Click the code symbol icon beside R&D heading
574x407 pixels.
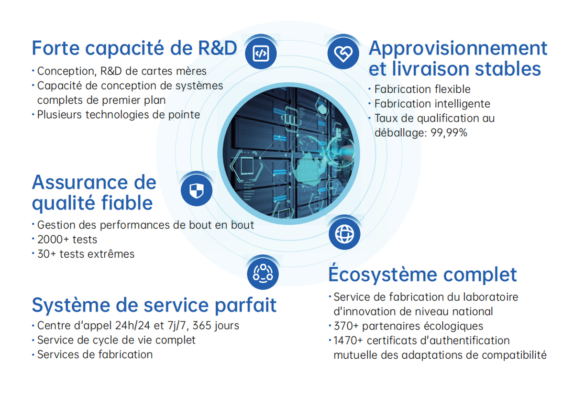coord(261,53)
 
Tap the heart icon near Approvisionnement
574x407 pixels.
coord(343,53)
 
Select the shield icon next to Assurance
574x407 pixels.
coord(197,190)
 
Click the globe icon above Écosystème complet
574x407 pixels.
coord(344,234)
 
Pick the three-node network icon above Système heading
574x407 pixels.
coord(263,274)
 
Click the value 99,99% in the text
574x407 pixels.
coord(449,132)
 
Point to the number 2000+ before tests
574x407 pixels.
coord(53,240)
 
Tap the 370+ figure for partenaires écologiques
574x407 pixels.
coord(346,326)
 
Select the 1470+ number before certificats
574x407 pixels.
coord(348,341)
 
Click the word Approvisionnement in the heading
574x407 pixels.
coord(458,48)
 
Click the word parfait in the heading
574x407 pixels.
coord(245,305)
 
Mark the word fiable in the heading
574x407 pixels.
coord(127,203)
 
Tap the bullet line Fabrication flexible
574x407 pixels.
coord(422,89)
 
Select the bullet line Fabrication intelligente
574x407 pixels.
coord(432,104)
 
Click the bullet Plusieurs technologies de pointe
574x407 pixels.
coord(119,115)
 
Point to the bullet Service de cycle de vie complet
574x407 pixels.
coord(116,340)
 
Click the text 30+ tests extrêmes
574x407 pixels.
coord(86,254)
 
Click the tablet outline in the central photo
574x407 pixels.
coord(247,166)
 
